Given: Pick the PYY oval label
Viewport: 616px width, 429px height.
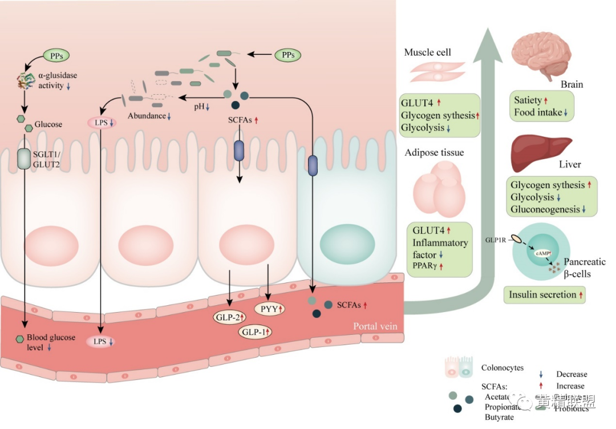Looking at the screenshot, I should click(x=272, y=308).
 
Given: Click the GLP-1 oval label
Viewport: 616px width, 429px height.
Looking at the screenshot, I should click(x=255, y=331).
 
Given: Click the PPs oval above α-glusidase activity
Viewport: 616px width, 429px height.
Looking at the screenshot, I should click(x=56, y=55).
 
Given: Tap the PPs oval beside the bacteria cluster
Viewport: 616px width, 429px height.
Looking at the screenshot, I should click(x=288, y=55).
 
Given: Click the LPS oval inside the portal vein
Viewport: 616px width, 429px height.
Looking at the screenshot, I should click(x=101, y=341).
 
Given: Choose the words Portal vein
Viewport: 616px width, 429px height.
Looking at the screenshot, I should click(x=375, y=327).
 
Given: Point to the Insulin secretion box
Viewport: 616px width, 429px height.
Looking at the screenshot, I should click(x=544, y=295).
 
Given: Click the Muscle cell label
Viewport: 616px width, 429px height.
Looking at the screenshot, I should click(x=427, y=52).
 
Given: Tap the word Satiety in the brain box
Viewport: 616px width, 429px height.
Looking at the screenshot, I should click(x=528, y=100).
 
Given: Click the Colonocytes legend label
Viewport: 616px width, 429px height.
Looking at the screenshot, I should click(x=502, y=368).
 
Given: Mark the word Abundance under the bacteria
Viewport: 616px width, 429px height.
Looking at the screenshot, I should click(x=147, y=116).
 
